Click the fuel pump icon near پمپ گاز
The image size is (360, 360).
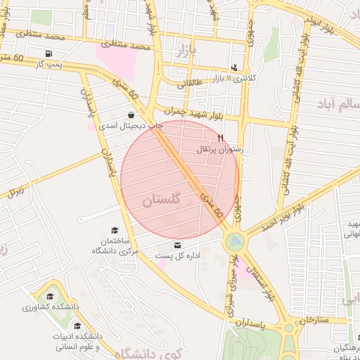(48, 54)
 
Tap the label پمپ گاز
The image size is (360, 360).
(50, 65)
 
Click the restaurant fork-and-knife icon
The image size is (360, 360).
(221, 138)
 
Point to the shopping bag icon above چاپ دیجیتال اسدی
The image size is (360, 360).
(131, 115)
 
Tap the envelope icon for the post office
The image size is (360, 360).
(176, 245)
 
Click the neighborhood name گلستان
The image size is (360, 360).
(162, 200)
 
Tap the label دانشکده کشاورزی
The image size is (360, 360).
(50, 307)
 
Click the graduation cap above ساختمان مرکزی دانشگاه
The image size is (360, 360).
(115, 229)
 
